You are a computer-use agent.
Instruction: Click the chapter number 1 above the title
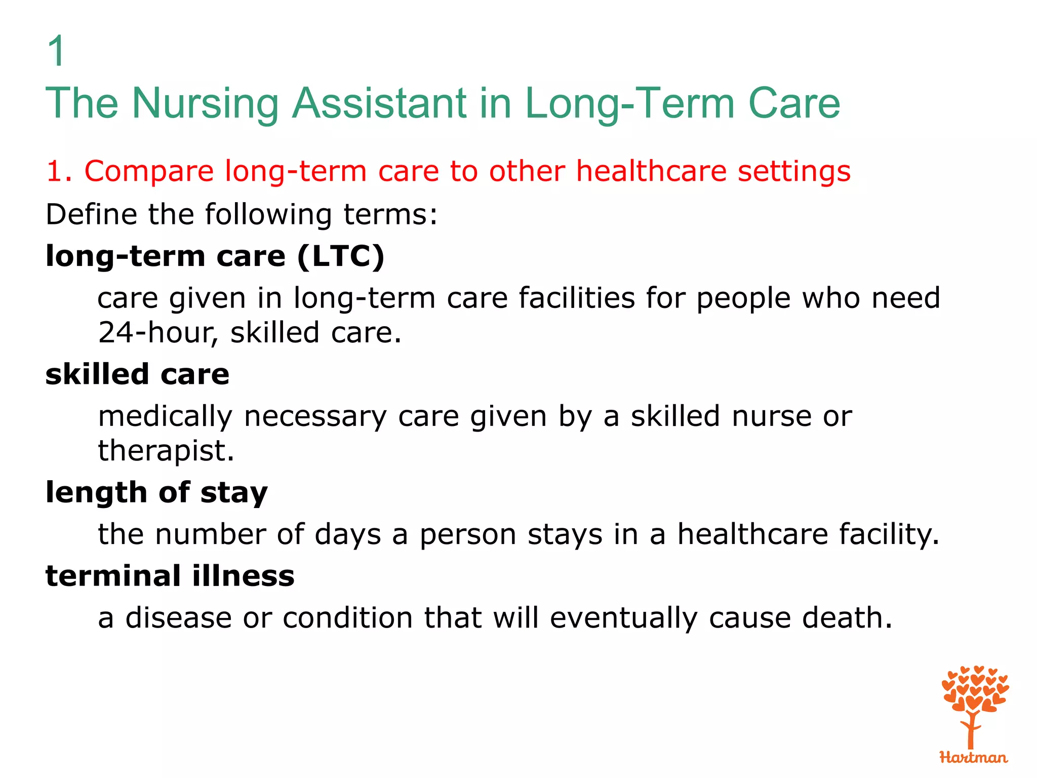click(x=56, y=51)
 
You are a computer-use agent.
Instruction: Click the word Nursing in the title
click(x=205, y=103)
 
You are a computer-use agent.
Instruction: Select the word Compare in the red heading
click(x=149, y=171)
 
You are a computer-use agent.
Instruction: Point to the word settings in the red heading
click(x=793, y=171)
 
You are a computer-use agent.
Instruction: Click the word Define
click(x=91, y=214)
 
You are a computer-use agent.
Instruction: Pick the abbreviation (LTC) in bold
click(x=341, y=256)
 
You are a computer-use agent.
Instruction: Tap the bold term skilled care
click(x=137, y=374)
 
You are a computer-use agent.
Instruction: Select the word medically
click(x=165, y=417)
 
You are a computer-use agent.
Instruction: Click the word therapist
click(x=166, y=451)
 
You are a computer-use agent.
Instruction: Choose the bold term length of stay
click(x=156, y=492)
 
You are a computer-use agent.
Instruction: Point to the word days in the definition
click(x=347, y=534)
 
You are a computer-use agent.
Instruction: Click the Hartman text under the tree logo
click(x=973, y=757)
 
